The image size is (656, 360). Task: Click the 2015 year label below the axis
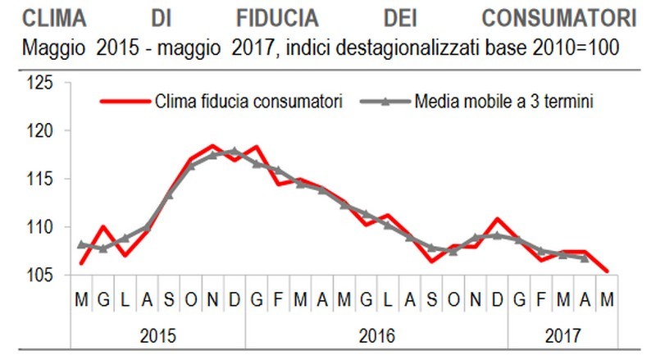[157, 335]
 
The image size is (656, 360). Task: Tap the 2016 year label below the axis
[376, 335]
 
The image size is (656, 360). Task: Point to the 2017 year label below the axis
[563, 335]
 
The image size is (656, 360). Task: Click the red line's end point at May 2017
[606, 271]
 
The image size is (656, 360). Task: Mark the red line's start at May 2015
[82, 263]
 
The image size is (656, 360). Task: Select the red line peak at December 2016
[497, 219]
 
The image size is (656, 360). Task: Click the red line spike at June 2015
[103, 226]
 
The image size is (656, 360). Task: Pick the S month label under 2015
[169, 301]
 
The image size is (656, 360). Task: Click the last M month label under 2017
[606, 301]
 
